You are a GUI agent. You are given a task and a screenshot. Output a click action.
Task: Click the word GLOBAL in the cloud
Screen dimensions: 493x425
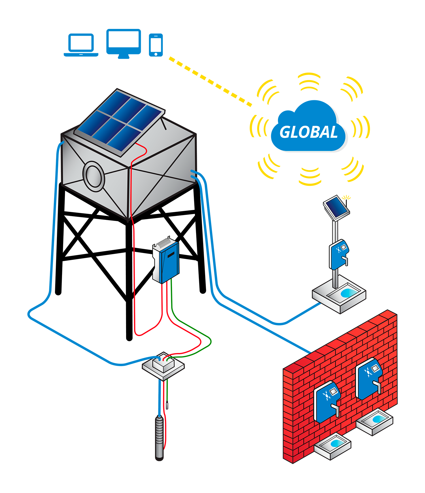click(x=309, y=132)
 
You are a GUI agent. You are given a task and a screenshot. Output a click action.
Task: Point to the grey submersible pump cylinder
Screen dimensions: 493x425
click(x=160, y=436)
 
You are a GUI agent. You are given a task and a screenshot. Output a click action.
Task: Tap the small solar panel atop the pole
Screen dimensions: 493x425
click(x=336, y=208)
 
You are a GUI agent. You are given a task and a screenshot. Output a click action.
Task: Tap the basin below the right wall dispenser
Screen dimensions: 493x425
click(x=374, y=421)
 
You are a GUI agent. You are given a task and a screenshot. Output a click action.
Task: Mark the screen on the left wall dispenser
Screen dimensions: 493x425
click(x=333, y=392)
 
